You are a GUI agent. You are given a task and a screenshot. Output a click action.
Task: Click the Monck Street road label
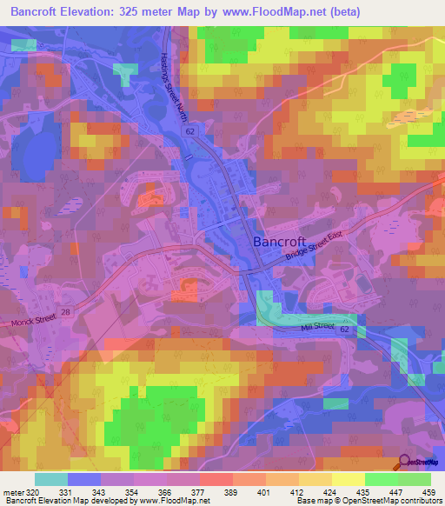pos(32,322)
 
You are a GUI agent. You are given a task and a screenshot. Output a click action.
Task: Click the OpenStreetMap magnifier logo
pos(406,463)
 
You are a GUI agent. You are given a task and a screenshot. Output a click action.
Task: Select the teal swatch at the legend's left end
pos(51,479)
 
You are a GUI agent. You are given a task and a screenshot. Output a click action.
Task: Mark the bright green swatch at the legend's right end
pos(414,479)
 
